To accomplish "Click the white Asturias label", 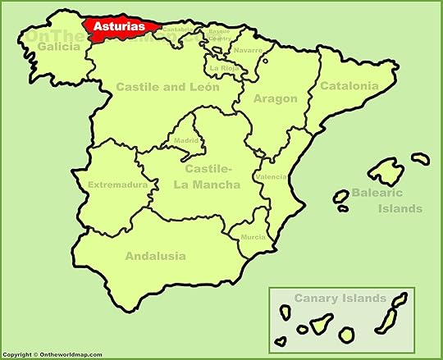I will tap(120, 26).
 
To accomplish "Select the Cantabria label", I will tap(179, 30).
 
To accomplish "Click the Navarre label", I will tap(248, 50).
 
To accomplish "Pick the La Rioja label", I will tap(223, 68).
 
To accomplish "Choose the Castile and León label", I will tap(167, 86).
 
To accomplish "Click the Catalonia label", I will tap(349, 85).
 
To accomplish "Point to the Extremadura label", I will tap(117, 184).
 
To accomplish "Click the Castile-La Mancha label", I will tap(207, 178).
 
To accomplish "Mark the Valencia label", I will tap(272, 176).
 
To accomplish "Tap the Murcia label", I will tap(253, 237).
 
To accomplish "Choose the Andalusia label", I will tap(154, 256).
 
